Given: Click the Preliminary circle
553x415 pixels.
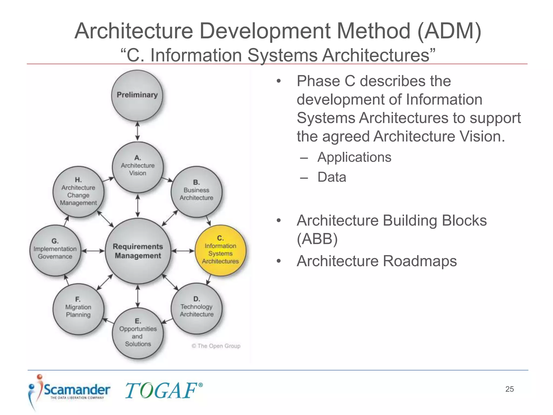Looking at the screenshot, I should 137,95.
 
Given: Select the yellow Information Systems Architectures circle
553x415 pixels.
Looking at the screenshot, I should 220,250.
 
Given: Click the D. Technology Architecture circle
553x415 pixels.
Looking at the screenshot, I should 197,308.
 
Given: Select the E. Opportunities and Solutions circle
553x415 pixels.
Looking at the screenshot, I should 138,333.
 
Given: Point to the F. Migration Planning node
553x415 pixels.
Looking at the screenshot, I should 78,309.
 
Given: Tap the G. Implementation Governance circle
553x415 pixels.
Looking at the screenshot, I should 55,250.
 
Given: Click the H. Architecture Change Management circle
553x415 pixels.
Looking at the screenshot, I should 78,192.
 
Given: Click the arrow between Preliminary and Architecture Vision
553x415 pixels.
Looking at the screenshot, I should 137,131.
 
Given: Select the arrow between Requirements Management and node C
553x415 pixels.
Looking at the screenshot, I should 183,251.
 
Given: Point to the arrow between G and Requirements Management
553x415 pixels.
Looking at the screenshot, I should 93,251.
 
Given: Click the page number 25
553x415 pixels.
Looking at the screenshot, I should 509,389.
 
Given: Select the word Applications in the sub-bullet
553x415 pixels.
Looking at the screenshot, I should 354,157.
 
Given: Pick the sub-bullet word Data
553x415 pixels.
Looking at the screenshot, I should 332,177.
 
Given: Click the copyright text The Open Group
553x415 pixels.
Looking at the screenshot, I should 216,346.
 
